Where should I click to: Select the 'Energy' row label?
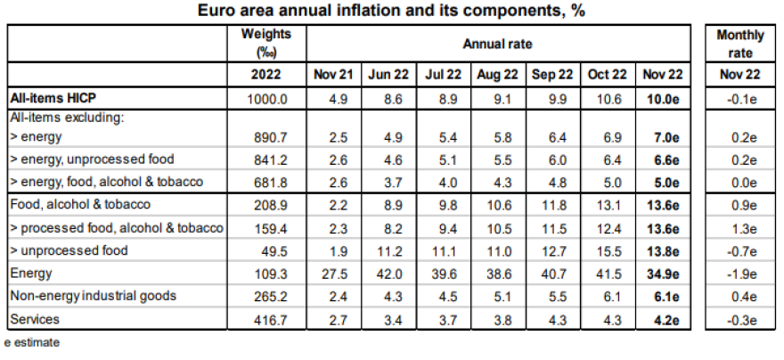pos(29,273)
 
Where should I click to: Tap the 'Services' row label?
pos(34,317)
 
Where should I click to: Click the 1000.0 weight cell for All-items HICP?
pos(267,98)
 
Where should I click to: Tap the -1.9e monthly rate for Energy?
pos(740,273)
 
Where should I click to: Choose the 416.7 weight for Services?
pos(267,317)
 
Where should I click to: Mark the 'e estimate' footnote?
pos(32,341)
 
